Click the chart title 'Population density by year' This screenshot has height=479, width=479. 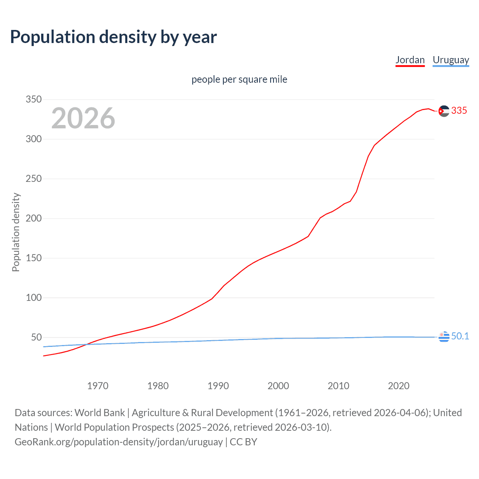[x=113, y=37]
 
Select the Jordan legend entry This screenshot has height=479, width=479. [x=410, y=60]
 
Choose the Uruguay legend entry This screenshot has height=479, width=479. [x=451, y=60]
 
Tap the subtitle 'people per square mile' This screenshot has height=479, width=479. [x=239, y=79]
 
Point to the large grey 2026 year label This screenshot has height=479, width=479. [x=83, y=118]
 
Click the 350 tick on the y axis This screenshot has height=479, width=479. [x=33, y=99]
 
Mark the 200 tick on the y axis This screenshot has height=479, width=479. [x=33, y=218]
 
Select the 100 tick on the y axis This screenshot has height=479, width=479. [x=33, y=298]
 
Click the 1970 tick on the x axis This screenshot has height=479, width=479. [x=98, y=386]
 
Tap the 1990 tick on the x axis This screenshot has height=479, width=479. [x=218, y=386]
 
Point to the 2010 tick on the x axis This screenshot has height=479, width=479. [x=338, y=386]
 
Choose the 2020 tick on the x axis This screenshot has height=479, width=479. [x=399, y=386]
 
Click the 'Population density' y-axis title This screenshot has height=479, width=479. [x=16, y=232]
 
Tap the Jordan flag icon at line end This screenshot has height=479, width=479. [x=444, y=111]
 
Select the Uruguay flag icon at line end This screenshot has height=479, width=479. [x=444, y=337]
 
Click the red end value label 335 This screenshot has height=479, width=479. [x=459, y=110]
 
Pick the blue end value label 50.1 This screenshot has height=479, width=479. [x=460, y=336]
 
